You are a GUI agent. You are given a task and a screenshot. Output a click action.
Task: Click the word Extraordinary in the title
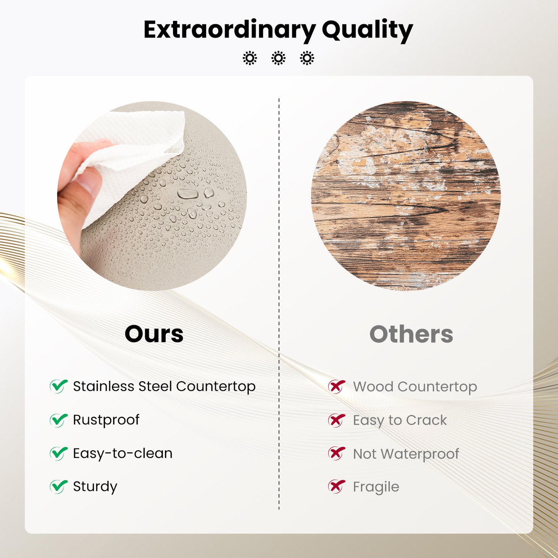[229, 29]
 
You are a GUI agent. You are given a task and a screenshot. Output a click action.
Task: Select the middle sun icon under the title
[278, 58]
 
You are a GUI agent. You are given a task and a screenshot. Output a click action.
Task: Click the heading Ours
[154, 334]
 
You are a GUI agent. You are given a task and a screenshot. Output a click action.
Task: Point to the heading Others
[411, 334]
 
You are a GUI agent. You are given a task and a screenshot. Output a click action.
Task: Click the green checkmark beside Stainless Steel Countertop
[59, 386]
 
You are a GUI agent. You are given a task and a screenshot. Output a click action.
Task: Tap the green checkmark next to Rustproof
[59, 420]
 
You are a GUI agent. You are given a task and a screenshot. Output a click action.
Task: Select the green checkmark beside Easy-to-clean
[59, 453]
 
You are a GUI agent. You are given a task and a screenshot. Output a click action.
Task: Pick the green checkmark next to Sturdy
[59, 486]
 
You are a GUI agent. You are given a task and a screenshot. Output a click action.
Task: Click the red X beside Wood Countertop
[336, 386]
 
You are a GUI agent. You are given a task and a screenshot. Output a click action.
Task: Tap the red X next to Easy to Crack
[336, 420]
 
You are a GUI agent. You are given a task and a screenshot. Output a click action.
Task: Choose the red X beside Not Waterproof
[336, 453]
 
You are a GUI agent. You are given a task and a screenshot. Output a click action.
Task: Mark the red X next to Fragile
[336, 487]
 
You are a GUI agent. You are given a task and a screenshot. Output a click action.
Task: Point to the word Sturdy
[95, 487]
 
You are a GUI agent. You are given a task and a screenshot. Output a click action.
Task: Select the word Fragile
[376, 487]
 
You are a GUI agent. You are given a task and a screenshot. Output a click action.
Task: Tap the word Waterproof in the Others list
[420, 454]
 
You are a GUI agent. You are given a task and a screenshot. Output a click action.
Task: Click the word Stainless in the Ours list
[103, 386]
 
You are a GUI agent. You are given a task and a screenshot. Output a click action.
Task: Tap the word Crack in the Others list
[427, 420]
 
